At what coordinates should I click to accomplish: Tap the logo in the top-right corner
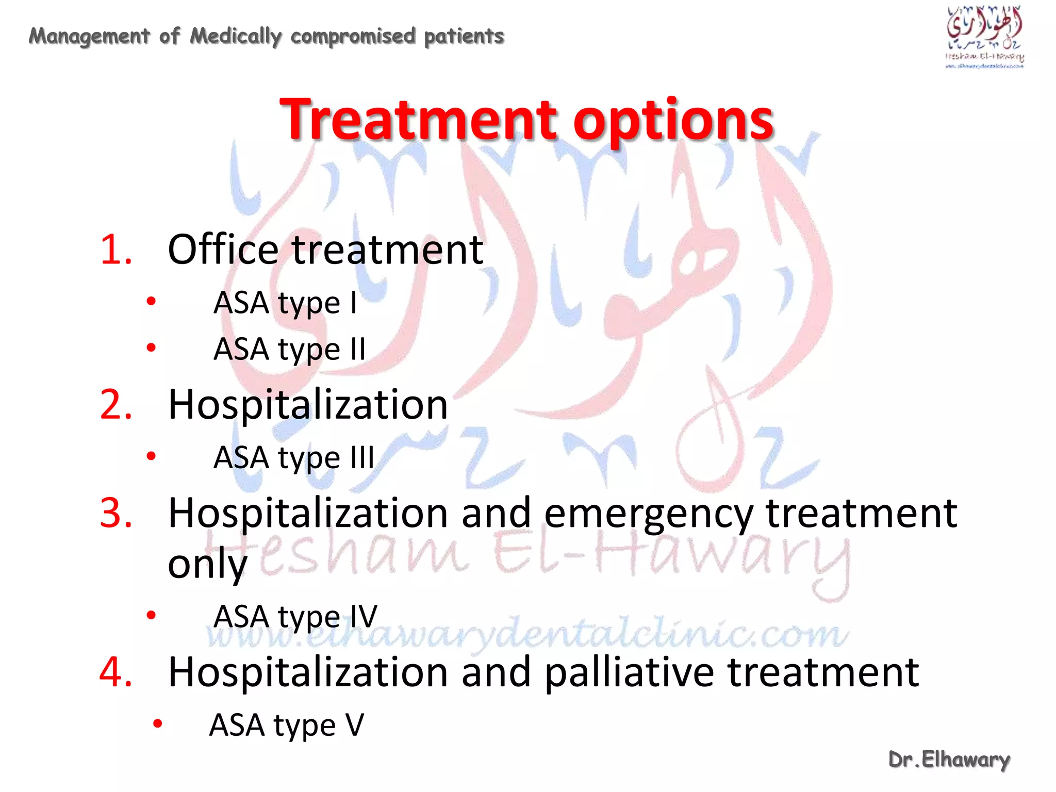pyautogui.click(x=984, y=36)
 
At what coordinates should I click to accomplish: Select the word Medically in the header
pyautogui.click(x=236, y=36)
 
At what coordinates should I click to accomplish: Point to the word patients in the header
pyautogui.click(x=464, y=36)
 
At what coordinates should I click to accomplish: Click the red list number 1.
pyautogui.click(x=116, y=250)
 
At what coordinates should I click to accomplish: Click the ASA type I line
pyautogui.click(x=285, y=303)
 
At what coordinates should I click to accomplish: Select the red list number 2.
pyautogui.click(x=116, y=405)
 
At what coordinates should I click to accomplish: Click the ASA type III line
pyautogui.click(x=293, y=458)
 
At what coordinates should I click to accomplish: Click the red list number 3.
pyautogui.click(x=116, y=513)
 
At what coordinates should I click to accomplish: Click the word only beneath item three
pyautogui.click(x=207, y=563)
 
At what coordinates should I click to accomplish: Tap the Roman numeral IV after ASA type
pyautogui.click(x=364, y=616)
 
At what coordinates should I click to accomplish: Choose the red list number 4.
pyautogui.click(x=116, y=672)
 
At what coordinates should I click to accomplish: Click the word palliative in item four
pyautogui.click(x=629, y=673)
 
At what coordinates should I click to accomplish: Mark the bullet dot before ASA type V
pyautogui.click(x=158, y=724)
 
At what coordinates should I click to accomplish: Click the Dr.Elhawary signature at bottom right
pyautogui.click(x=949, y=760)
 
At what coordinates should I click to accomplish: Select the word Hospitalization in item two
pyautogui.click(x=308, y=405)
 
